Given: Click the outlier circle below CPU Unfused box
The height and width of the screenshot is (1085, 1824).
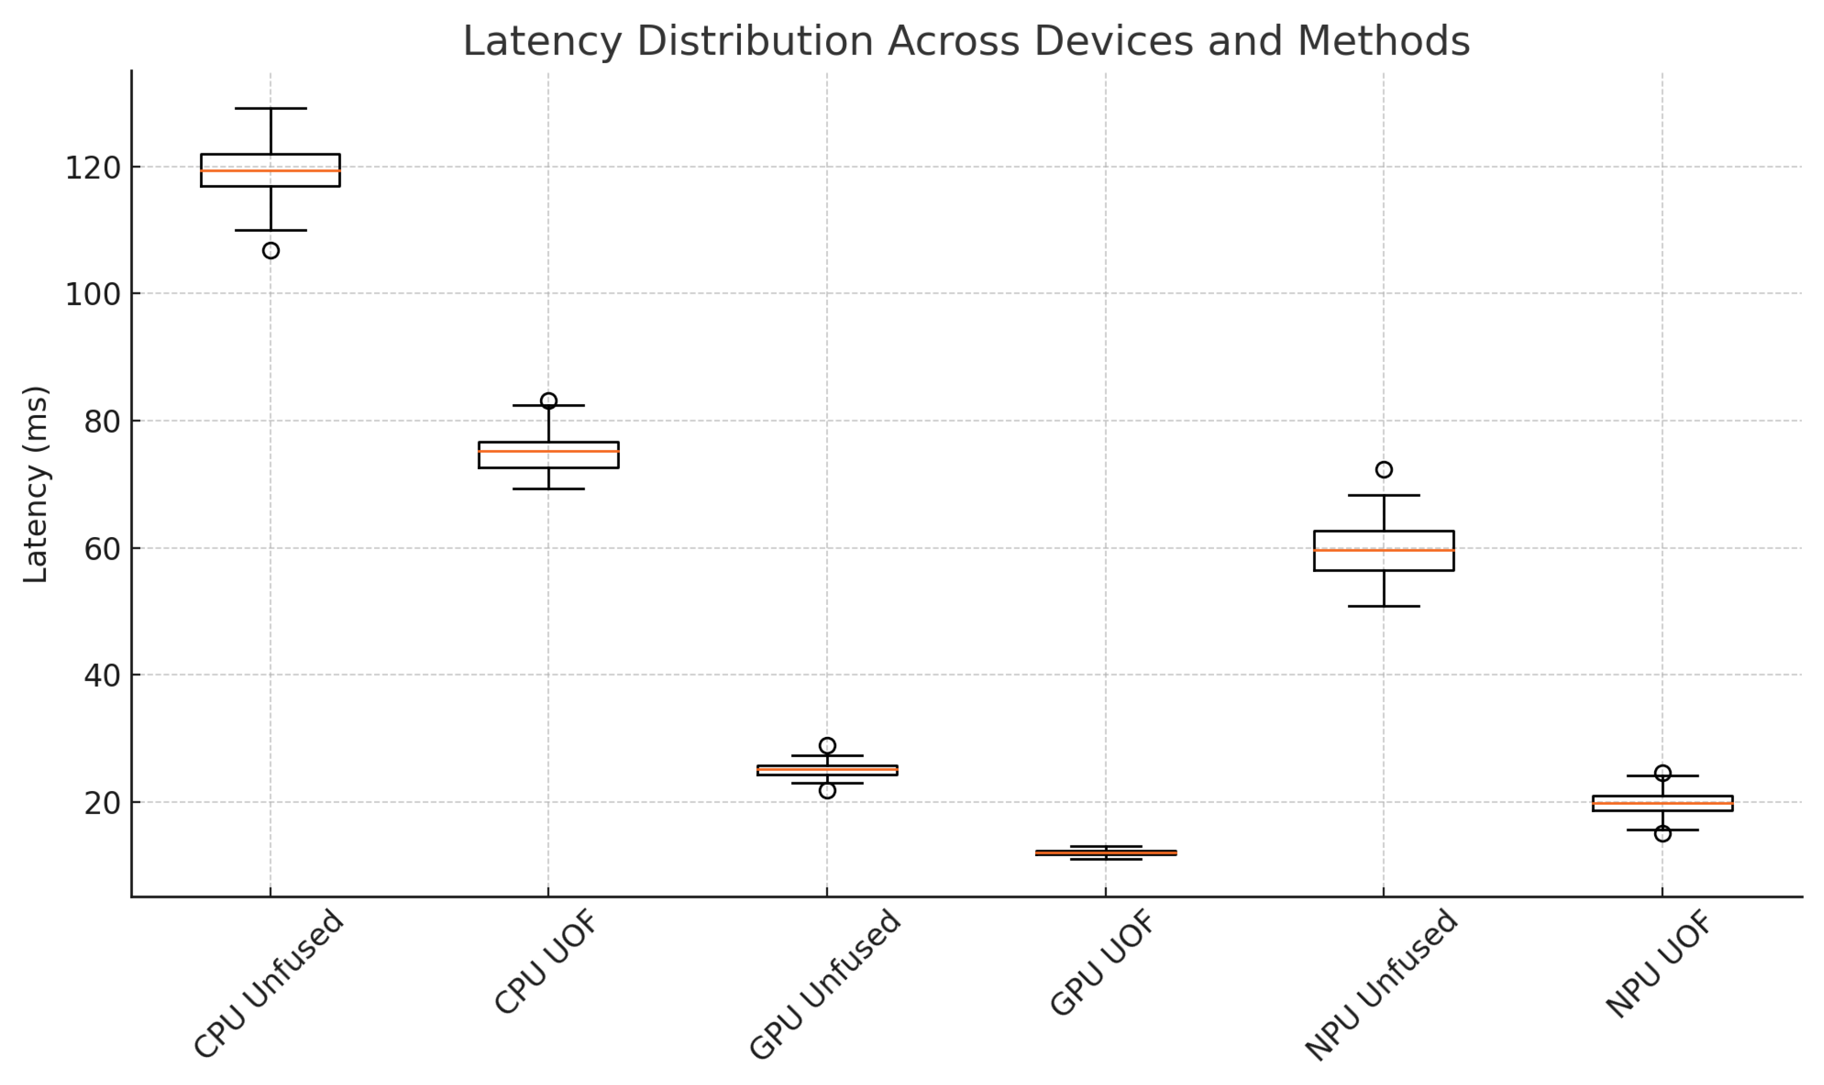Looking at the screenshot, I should click(270, 251).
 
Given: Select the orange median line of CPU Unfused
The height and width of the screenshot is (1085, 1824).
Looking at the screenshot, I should click(270, 170).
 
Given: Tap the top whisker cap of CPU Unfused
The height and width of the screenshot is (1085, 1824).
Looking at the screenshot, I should click(270, 108).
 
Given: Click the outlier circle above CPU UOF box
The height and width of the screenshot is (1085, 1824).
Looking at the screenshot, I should click(548, 401).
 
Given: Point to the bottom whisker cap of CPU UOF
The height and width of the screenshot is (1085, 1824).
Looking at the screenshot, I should click(548, 488).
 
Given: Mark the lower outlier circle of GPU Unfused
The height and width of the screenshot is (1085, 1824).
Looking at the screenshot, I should click(827, 790).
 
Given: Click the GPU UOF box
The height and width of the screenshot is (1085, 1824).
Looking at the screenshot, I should click(1105, 853).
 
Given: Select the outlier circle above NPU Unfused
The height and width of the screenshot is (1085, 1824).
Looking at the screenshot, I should click(1384, 469).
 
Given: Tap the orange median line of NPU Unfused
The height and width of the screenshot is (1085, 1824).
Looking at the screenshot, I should click(1384, 550).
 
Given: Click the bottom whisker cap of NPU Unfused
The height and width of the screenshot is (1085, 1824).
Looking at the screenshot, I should click(1384, 606).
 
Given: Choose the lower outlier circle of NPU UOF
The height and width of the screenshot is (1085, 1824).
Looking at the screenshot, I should click(1663, 833).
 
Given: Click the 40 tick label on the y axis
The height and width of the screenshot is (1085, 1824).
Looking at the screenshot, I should click(101, 675).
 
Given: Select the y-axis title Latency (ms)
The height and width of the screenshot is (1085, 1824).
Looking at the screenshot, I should click(35, 484).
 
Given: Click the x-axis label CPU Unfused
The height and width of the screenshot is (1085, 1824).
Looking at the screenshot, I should click(268, 984).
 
